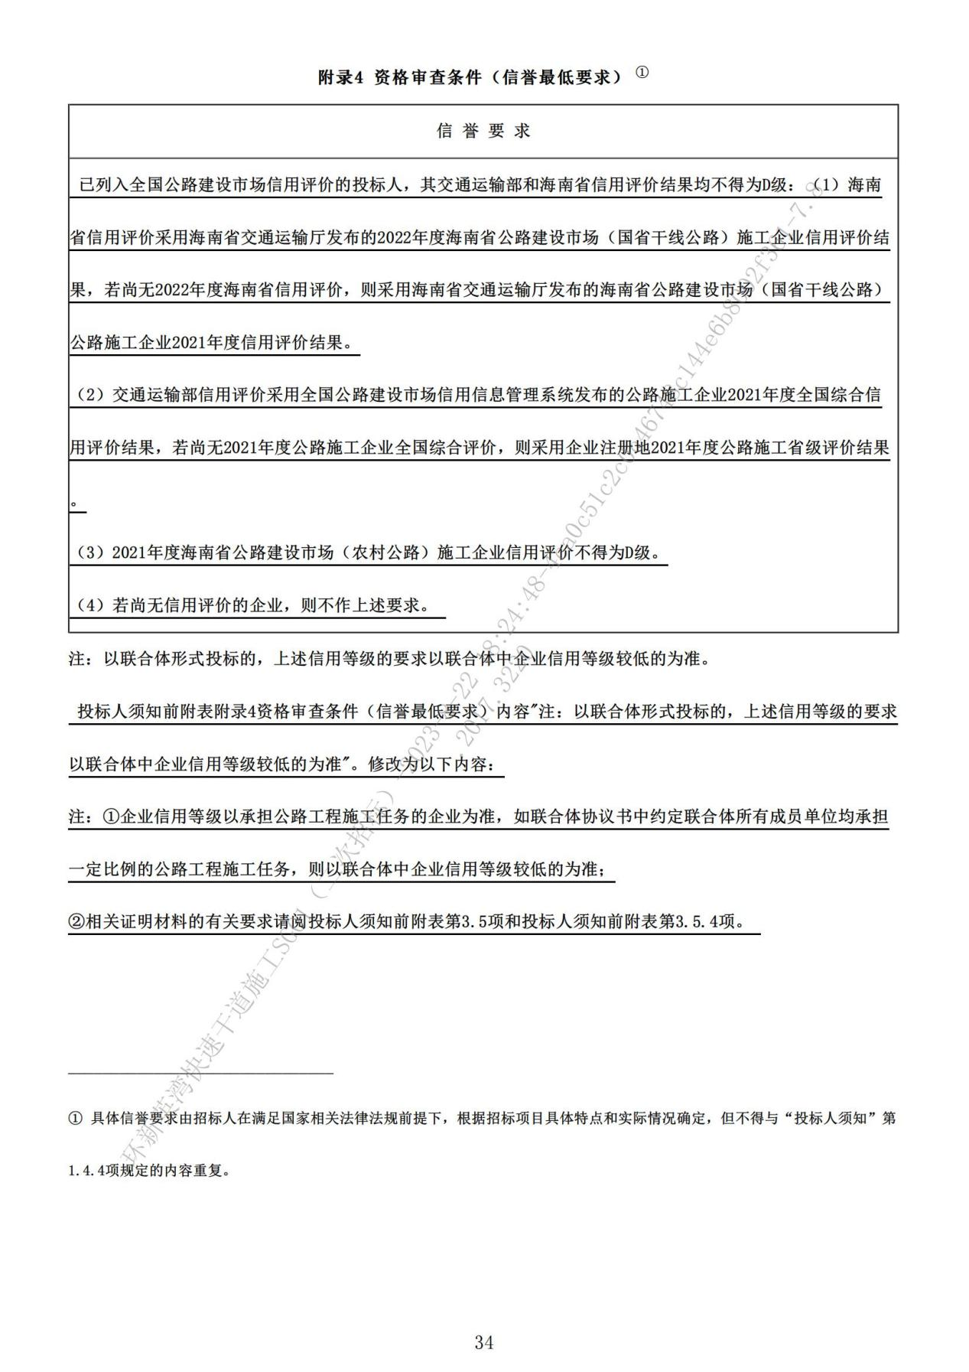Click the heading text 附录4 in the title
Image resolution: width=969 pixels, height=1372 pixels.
click(x=339, y=77)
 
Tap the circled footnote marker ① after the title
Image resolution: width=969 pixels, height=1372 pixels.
click(x=642, y=73)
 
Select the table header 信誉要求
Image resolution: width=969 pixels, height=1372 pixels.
click(x=483, y=131)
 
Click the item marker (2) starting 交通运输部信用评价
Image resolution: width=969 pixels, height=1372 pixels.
click(x=91, y=396)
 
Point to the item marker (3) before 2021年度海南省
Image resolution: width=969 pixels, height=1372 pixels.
click(x=91, y=552)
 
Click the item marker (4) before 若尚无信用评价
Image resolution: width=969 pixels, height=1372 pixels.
click(x=91, y=605)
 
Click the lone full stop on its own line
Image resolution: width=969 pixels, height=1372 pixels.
click(x=74, y=503)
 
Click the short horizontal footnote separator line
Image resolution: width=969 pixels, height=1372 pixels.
click(x=200, y=1073)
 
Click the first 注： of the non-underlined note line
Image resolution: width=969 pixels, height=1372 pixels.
click(x=80, y=659)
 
